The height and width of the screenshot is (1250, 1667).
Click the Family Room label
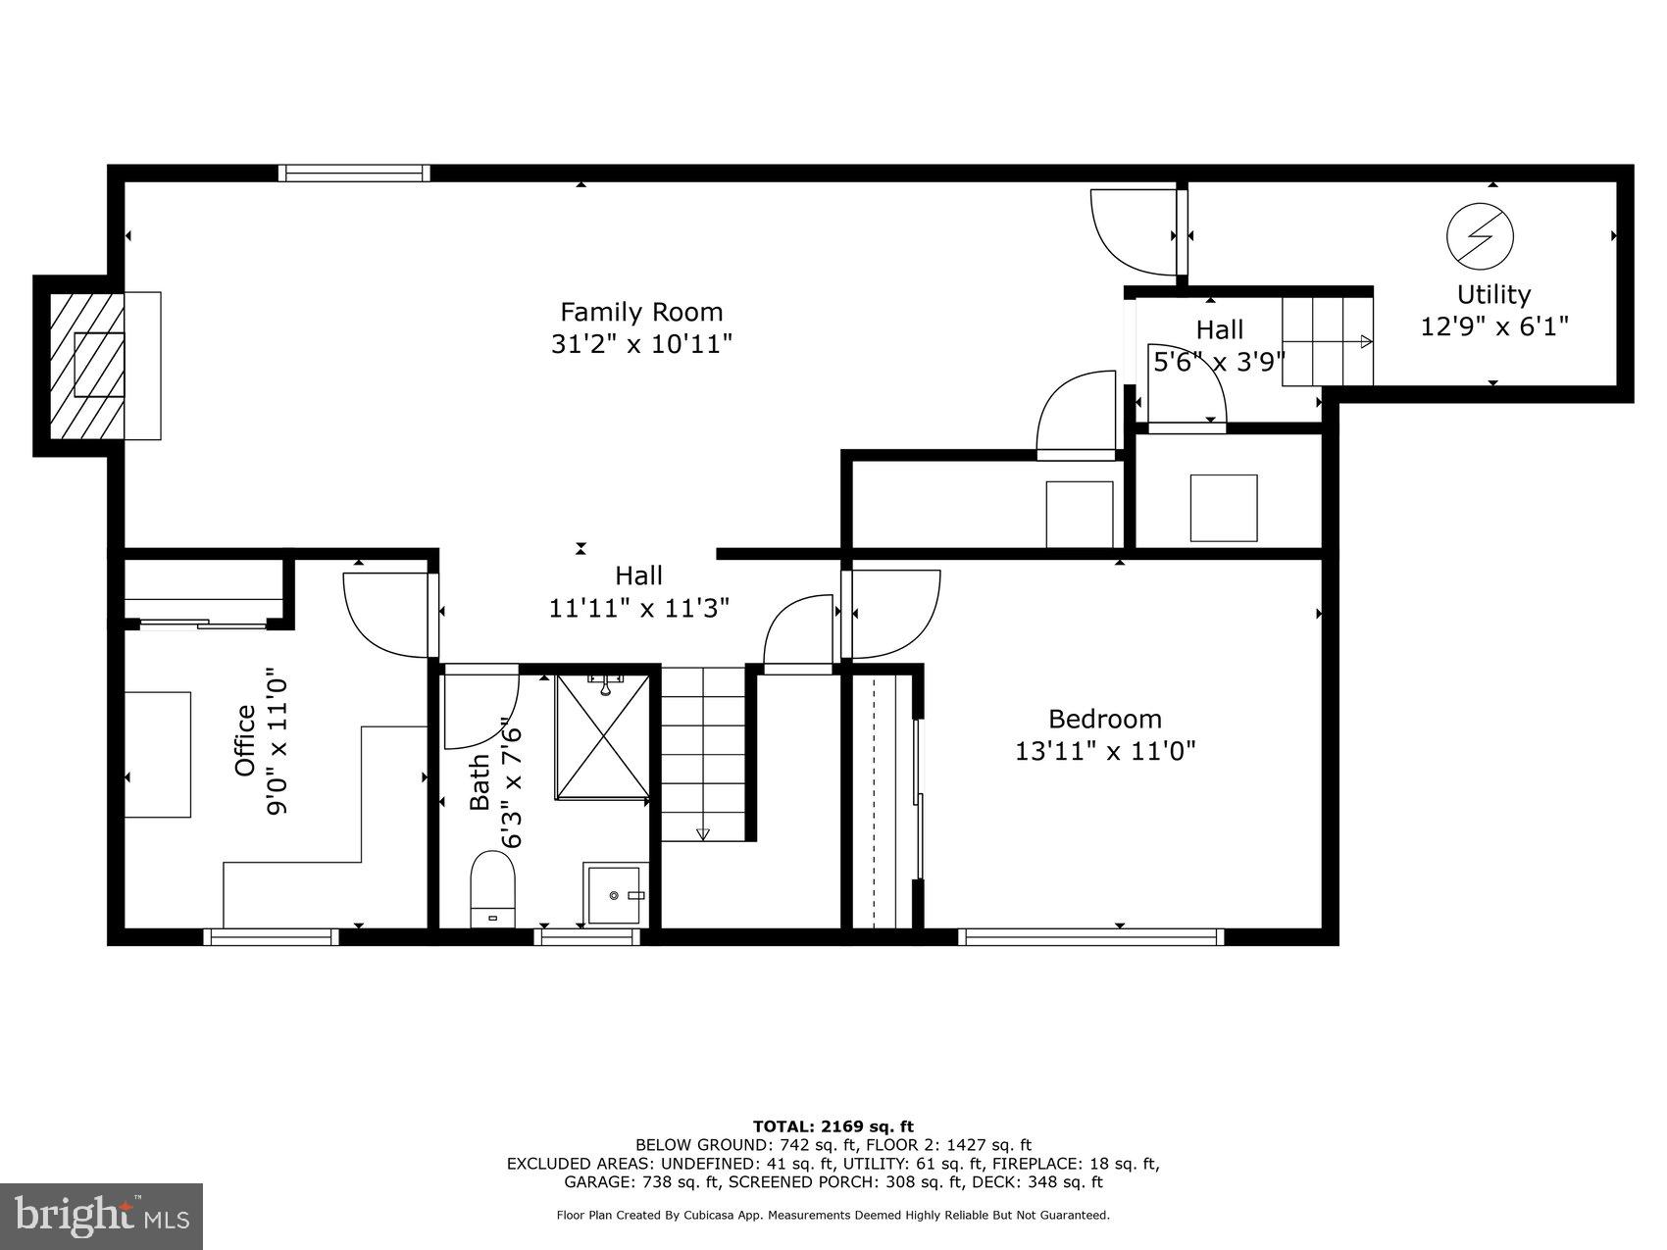click(641, 312)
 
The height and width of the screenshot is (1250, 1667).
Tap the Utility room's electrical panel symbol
click(1480, 235)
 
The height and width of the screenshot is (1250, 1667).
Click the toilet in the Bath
click(492, 887)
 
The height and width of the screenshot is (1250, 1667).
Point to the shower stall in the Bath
click(602, 737)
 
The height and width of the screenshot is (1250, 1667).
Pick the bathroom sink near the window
click(614, 894)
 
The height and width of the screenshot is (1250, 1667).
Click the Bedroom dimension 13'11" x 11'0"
click(1105, 752)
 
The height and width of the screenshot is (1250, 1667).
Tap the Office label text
click(245, 741)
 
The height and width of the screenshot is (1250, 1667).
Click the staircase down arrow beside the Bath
click(702, 833)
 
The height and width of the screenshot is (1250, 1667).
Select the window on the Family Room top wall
click(354, 174)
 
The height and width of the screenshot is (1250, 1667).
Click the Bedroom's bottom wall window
click(1090, 937)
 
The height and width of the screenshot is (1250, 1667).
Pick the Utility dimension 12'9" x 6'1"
click(1493, 326)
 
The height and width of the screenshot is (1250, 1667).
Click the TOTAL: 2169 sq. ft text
click(833, 1126)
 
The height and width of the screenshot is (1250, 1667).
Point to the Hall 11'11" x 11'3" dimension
click(638, 609)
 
